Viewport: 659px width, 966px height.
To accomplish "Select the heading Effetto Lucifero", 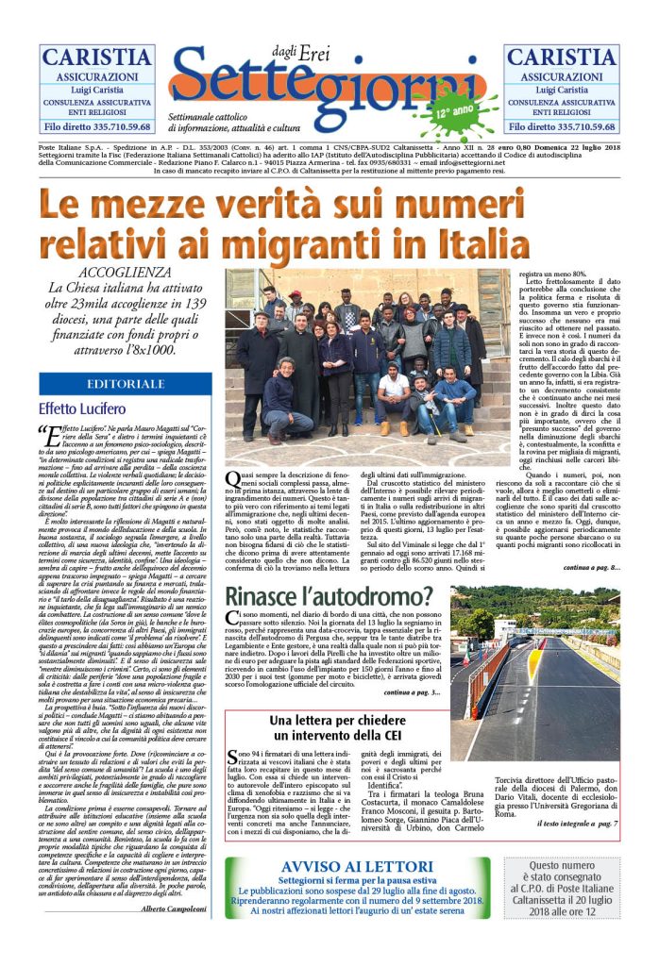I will point(81,408).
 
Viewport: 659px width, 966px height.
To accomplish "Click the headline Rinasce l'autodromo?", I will point(329,597).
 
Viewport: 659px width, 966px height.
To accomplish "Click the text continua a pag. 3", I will point(413,693).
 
